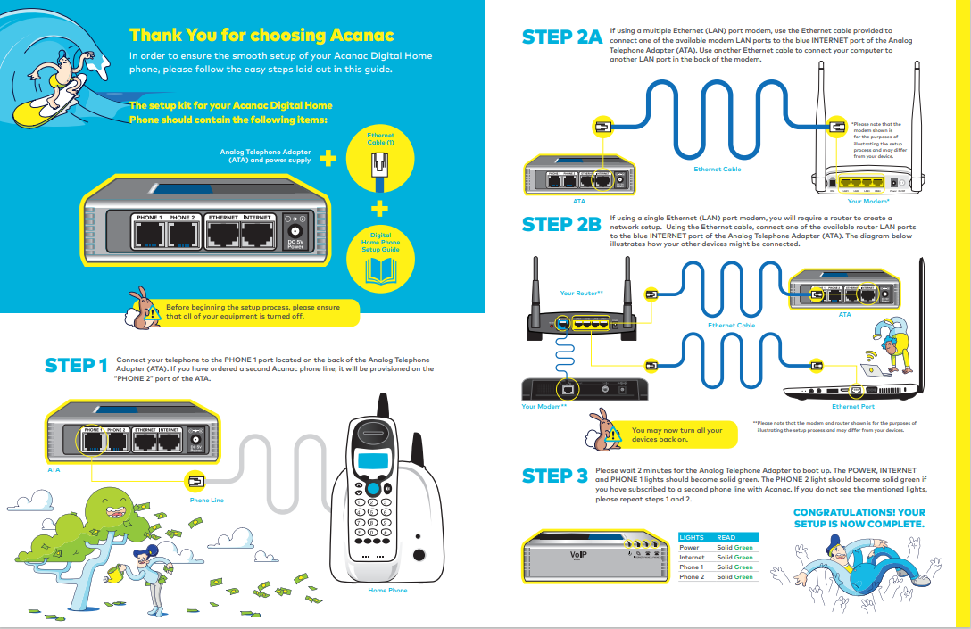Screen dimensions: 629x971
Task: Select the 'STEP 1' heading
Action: coord(76,367)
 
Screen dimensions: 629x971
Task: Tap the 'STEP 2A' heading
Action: coord(561,37)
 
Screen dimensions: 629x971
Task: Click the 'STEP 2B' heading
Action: coord(561,225)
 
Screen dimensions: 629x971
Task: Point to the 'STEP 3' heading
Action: coord(554,476)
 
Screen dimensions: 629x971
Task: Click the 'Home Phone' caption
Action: coord(387,591)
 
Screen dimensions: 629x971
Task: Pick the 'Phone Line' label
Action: coord(206,501)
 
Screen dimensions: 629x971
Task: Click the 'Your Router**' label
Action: coord(581,293)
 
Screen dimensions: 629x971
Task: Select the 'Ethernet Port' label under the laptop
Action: coord(852,407)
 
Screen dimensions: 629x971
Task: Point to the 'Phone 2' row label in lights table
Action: coord(692,577)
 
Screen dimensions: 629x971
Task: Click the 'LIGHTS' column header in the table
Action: coord(692,538)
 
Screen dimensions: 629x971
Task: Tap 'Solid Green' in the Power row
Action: coord(734,548)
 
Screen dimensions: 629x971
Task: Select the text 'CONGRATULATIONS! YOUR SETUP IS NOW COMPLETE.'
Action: coord(859,518)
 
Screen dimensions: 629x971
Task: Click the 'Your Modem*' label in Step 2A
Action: coord(866,202)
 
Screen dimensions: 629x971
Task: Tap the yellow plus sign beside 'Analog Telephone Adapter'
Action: coord(328,159)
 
